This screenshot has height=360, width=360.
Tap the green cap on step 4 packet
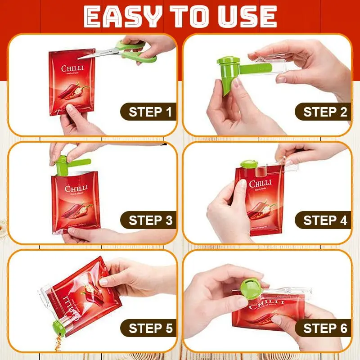point(248,164)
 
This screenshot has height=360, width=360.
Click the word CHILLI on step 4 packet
point(260,184)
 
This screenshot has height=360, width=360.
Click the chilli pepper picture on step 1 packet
point(74,90)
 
